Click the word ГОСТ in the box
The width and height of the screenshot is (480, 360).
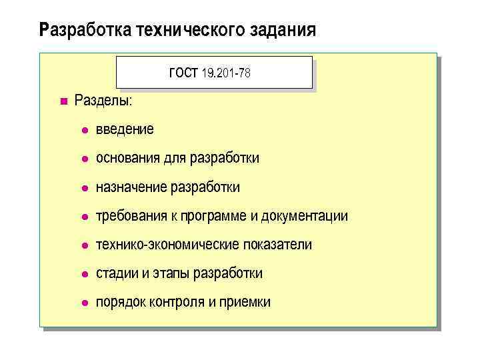[184, 73]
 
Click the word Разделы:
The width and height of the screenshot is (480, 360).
[103, 101]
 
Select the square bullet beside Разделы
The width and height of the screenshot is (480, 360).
[63, 101]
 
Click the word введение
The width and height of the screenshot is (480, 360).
[125, 129]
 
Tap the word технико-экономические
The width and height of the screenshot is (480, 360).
[167, 245]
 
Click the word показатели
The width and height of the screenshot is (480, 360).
[277, 245]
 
